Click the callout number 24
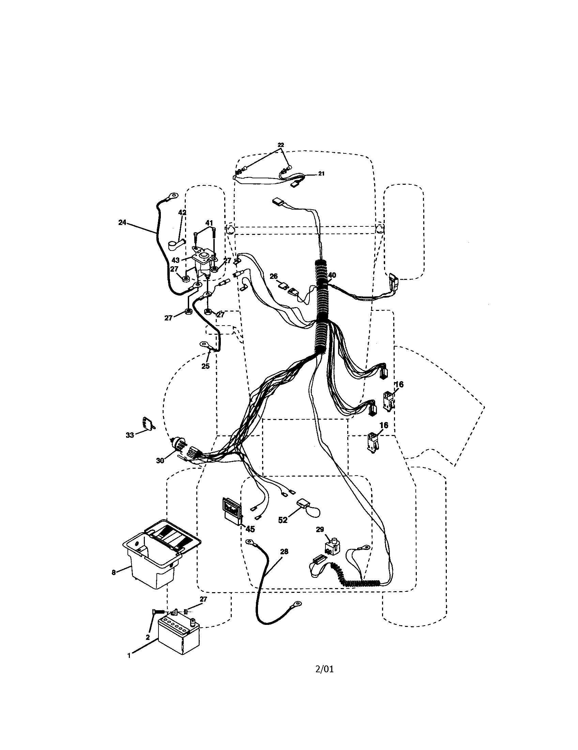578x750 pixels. pyautogui.click(x=122, y=222)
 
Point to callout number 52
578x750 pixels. pyautogui.click(x=283, y=520)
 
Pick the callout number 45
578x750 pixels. pyautogui.click(x=250, y=529)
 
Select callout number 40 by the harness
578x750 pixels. pyautogui.click(x=332, y=275)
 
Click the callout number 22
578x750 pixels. pyautogui.click(x=281, y=145)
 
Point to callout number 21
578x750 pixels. pyautogui.click(x=321, y=174)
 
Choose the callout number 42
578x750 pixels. pyautogui.click(x=182, y=213)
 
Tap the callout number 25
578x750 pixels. pyautogui.click(x=205, y=366)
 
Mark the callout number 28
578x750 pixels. pyautogui.click(x=284, y=552)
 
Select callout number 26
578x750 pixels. pyautogui.click(x=274, y=276)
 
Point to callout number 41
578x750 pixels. pyautogui.click(x=209, y=223)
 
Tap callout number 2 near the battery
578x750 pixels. pyautogui.click(x=148, y=637)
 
